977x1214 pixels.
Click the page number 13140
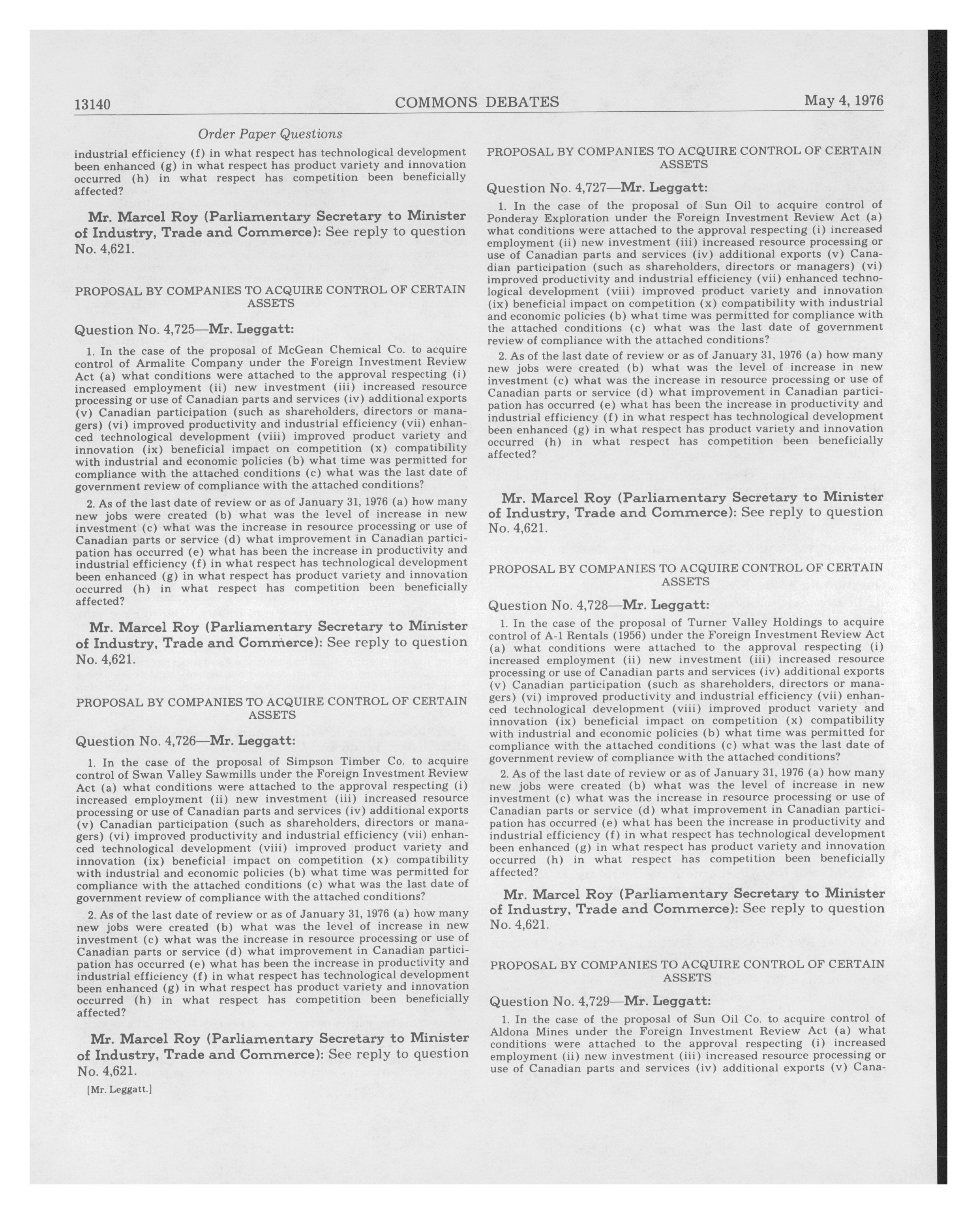[x=92, y=105]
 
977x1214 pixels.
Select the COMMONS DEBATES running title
[x=476, y=102]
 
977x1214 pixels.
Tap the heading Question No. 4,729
[x=600, y=1001]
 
